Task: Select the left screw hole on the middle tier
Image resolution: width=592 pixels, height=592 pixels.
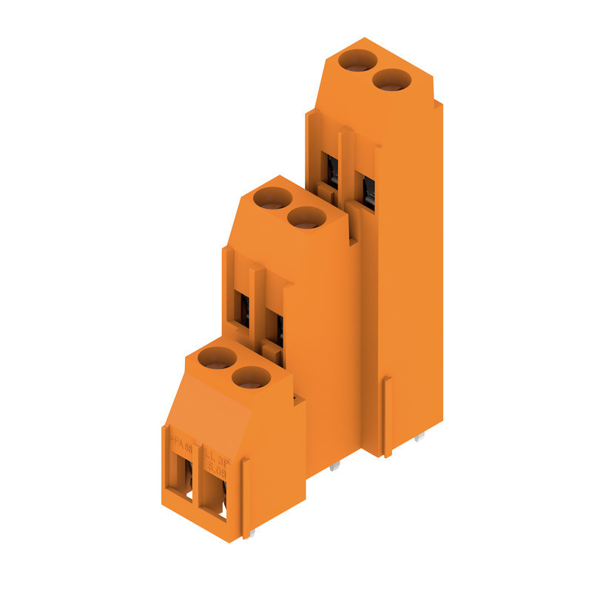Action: click(272, 198)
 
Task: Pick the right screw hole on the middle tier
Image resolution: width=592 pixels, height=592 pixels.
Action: click(306, 218)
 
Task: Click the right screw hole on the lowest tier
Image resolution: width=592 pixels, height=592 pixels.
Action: click(251, 377)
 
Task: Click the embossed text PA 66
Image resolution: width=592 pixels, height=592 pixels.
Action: click(180, 445)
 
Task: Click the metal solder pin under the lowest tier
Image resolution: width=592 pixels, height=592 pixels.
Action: click(252, 534)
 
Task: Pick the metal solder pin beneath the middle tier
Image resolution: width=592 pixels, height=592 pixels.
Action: click(336, 467)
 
